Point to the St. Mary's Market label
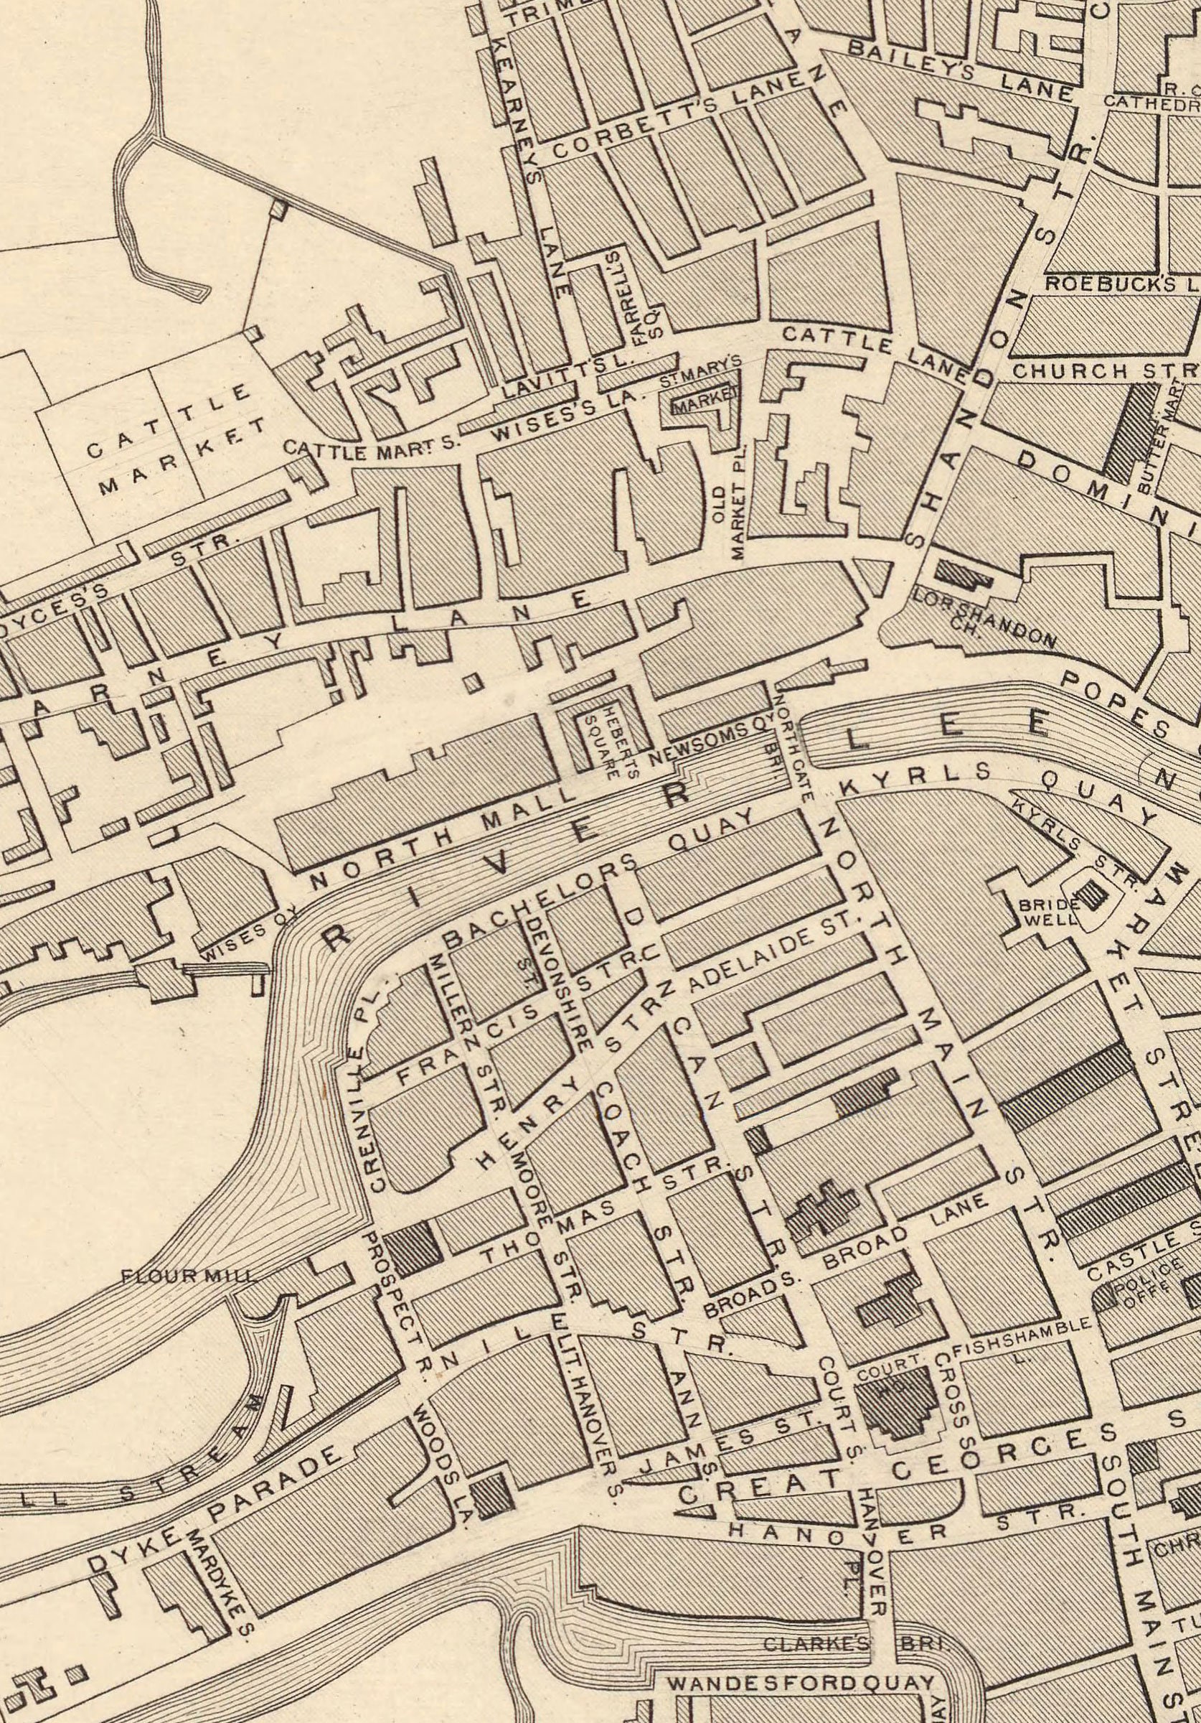[x=702, y=383]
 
